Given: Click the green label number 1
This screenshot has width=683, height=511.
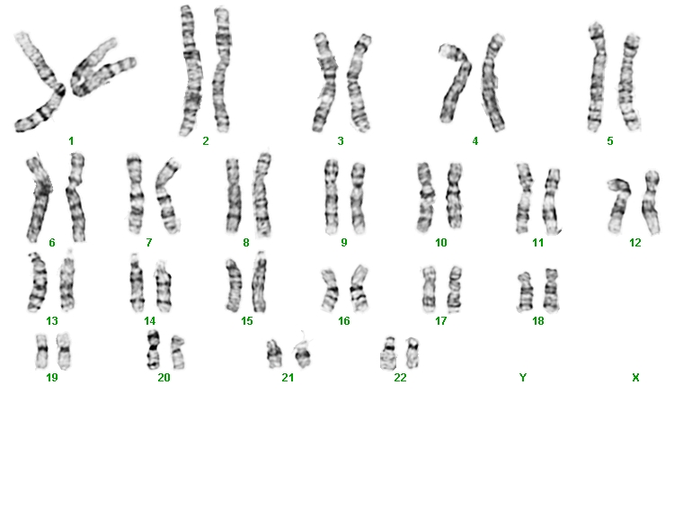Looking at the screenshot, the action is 71,141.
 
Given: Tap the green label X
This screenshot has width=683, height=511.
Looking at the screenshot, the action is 635,377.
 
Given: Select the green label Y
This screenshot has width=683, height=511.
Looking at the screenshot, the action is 523,377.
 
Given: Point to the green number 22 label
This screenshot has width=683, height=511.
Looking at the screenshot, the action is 400,377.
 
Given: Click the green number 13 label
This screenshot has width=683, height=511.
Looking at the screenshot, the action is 52,321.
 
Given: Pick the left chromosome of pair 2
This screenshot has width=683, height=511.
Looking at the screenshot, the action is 191,70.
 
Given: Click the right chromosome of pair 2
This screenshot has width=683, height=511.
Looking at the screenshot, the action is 222,70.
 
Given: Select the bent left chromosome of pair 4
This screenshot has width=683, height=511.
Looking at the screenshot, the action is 456,83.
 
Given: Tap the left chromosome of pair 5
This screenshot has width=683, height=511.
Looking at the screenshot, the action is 596,77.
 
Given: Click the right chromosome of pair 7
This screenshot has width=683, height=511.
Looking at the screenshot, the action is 168,195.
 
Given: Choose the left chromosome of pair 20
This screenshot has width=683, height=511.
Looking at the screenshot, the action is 153,350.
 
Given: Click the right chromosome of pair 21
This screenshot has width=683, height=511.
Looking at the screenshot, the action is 302,354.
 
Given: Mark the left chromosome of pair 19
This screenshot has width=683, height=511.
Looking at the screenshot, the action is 41,351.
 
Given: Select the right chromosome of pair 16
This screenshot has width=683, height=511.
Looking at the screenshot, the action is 359,288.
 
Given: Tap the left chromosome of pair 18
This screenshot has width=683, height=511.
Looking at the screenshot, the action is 525,291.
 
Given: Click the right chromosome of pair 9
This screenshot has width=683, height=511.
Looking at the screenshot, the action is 358,198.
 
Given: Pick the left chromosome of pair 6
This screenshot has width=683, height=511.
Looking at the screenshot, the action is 39,199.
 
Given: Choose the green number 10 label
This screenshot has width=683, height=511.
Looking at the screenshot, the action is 441,242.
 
